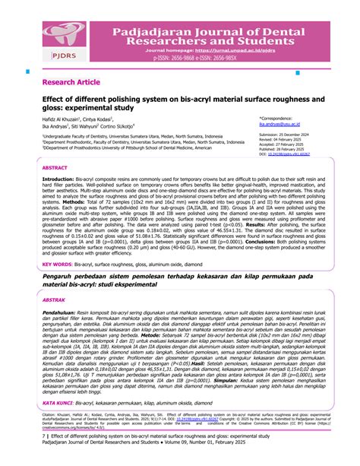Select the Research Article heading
click(x=71, y=81)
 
